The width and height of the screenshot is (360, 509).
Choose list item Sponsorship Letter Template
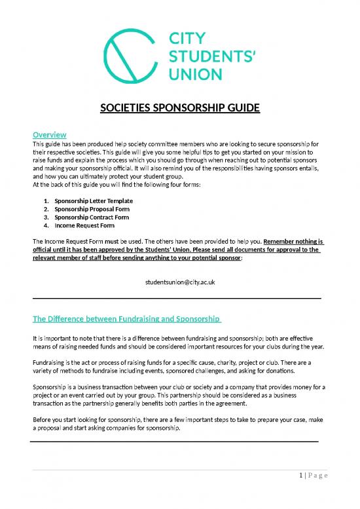click(94, 200)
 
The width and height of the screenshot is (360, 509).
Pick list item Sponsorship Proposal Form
click(92, 208)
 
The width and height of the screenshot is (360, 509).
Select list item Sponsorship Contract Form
click(92, 217)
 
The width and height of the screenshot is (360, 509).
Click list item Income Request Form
click(84, 225)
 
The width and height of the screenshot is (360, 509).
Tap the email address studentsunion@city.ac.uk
click(179, 282)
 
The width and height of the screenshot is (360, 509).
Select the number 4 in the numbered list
click(45, 225)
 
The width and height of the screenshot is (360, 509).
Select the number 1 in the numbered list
click(45, 200)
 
